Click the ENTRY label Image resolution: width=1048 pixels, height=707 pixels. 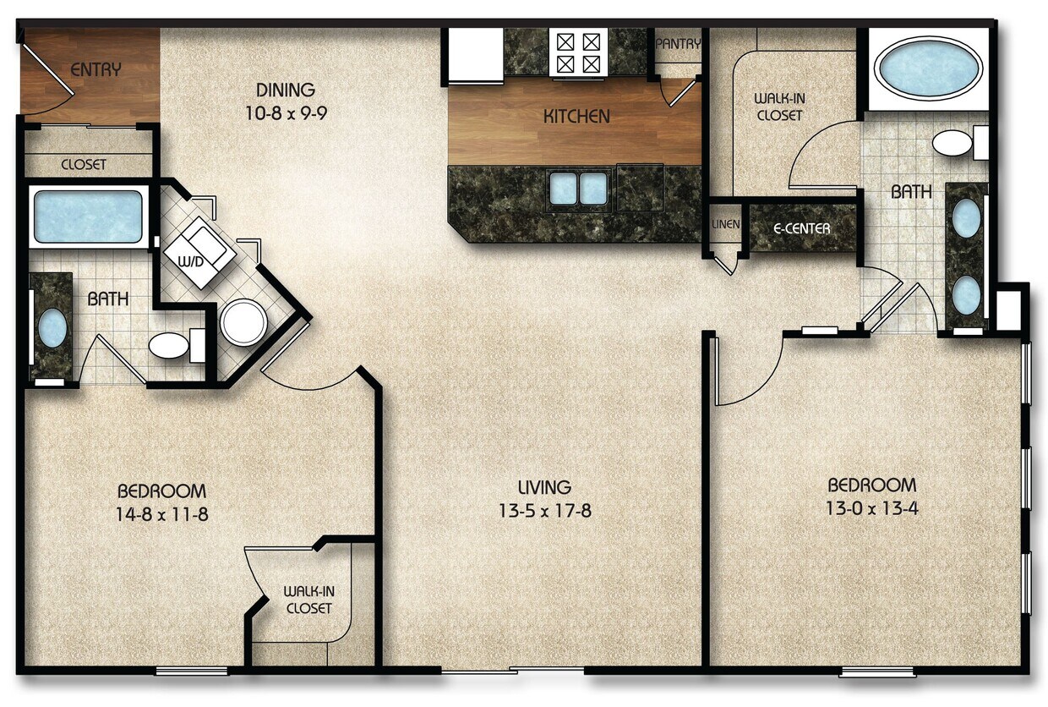(96, 70)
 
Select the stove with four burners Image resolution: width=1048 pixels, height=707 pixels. (577, 52)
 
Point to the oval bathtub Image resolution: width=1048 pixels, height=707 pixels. (927, 67)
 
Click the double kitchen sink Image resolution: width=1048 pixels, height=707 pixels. (579, 188)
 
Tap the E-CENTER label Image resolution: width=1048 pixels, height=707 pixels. (802, 227)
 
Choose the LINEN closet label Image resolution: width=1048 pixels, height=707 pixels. (726, 225)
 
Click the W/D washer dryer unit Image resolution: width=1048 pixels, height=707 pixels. (199, 251)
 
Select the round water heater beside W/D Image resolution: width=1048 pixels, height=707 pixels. (244, 322)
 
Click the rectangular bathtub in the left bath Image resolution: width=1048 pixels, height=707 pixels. (88, 216)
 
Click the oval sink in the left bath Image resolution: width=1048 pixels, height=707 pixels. (52, 328)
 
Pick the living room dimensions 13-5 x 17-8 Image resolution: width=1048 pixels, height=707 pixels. (544, 511)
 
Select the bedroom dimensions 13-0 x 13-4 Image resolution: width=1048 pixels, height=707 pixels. (871, 508)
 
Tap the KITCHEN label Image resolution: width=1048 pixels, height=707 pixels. (576, 117)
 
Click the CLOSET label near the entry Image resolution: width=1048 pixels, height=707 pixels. (84, 165)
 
